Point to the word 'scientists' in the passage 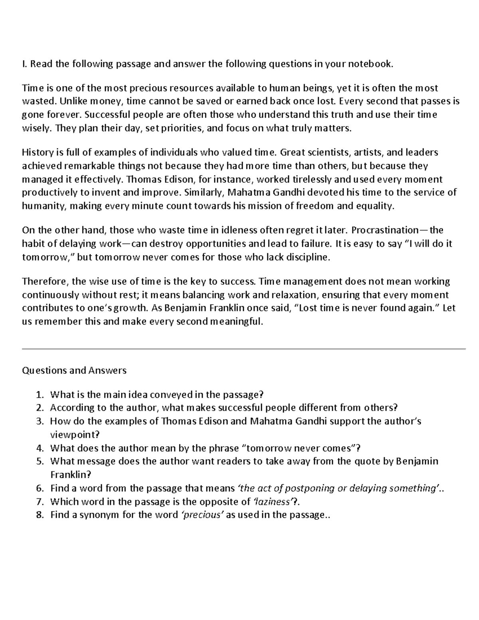click(323, 152)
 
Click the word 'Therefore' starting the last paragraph click(45, 281)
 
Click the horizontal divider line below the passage click(243, 349)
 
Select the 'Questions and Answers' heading click(74, 370)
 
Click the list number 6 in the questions click(39, 488)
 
